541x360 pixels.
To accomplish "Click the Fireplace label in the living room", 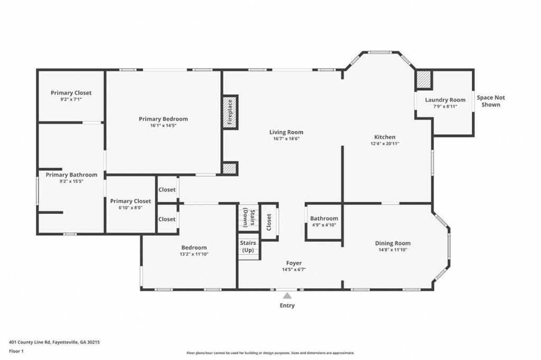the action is (x=230, y=112).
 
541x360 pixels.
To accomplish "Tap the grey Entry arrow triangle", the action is (x=287, y=296).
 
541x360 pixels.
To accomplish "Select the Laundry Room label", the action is (x=445, y=100).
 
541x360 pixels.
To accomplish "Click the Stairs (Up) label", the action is (x=248, y=247).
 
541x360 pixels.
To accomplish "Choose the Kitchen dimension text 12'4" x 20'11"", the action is (x=385, y=144).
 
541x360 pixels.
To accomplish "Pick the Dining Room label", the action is (x=393, y=243).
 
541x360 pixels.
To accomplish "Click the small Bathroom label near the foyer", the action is (x=324, y=219).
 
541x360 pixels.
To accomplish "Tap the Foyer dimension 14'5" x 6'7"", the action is (x=294, y=270).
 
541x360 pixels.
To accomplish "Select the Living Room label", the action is (x=286, y=132).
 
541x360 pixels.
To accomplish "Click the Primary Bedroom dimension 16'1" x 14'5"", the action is (x=163, y=126).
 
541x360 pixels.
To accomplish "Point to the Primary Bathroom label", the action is (x=71, y=175).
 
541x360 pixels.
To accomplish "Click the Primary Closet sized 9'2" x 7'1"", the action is (x=71, y=93).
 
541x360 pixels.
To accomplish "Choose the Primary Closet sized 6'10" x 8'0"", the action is (x=130, y=201).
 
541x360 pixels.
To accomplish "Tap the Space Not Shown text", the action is (x=491, y=101).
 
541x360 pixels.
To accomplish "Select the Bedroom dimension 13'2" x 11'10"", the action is (x=194, y=254).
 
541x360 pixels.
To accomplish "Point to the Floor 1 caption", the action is (x=16, y=352).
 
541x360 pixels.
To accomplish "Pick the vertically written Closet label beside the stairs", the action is (x=269, y=222).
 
